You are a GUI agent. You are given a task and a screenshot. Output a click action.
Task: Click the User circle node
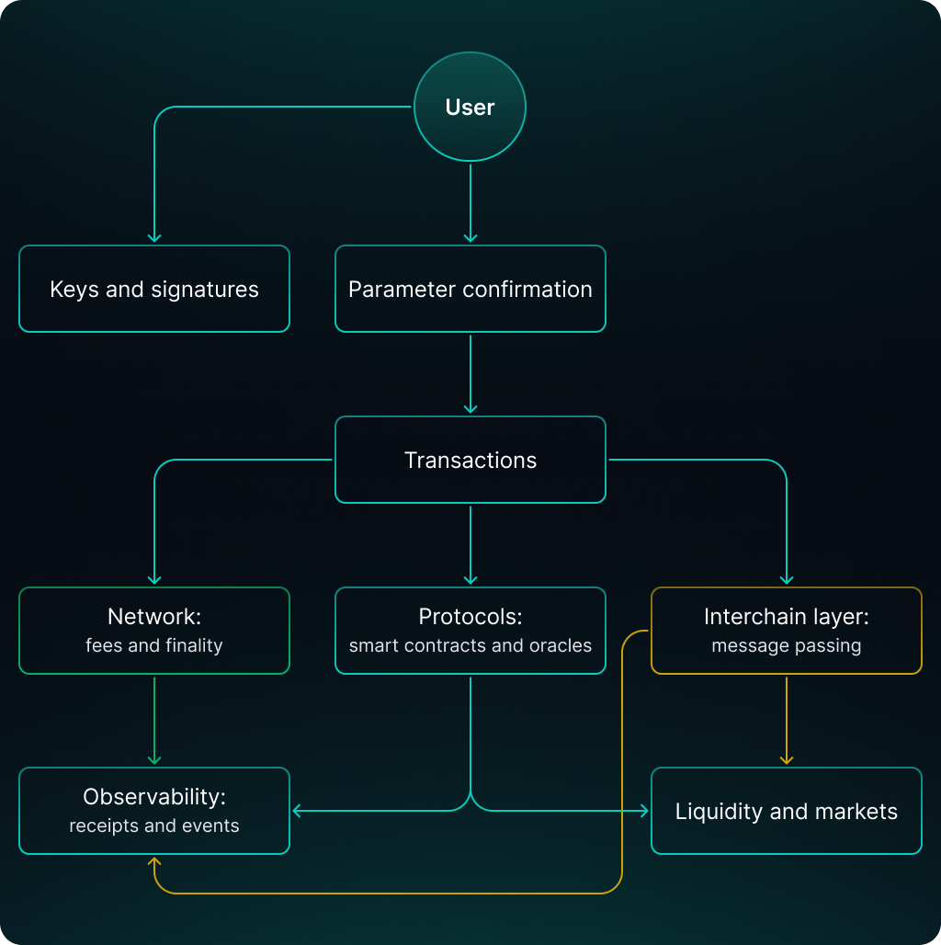pyautogui.click(x=470, y=108)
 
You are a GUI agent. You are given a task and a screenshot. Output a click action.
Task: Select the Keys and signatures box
pyautogui.click(x=154, y=289)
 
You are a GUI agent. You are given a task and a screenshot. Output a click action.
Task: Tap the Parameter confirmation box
pyautogui.click(x=470, y=289)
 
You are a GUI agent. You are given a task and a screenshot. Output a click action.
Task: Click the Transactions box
pyautogui.click(x=470, y=460)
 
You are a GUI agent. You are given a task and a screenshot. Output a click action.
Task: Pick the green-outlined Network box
pyautogui.click(x=154, y=631)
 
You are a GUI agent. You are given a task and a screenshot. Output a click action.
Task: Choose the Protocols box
pyautogui.click(x=470, y=631)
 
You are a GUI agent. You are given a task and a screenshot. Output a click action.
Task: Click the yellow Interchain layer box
pyautogui.click(x=786, y=631)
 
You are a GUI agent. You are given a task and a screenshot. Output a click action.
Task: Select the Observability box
pyautogui.click(x=154, y=811)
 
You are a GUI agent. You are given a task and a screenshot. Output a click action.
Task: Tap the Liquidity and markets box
pyautogui.click(x=786, y=811)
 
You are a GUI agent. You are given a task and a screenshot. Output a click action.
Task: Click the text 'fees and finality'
pyautogui.click(x=154, y=645)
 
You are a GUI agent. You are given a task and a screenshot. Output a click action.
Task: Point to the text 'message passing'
pyautogui.click(x=786, y=645)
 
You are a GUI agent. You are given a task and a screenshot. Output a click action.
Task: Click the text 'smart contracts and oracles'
pyautogui.click(x=470, y=645)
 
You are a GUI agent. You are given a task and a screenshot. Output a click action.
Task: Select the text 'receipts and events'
pyautogui.click(x=154, y=825)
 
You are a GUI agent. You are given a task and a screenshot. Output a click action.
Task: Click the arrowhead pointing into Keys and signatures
pyautogui.click(x=154, y=237)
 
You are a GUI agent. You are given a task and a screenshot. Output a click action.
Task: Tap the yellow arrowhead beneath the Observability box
pyautogui.click(x=154, y=862)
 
